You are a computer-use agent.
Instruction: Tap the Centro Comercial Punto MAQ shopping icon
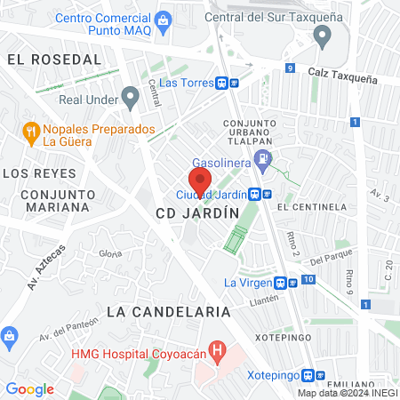point(162,20)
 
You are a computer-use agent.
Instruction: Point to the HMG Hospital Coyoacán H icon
point(214,349)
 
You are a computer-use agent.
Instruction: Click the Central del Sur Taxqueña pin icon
point(322,36)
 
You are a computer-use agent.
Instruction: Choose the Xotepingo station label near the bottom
point(272,375)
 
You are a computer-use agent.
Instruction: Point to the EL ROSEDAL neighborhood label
point(54,59)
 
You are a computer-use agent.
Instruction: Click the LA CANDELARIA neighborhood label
point(168,312)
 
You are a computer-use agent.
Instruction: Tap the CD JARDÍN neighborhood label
point(197,213)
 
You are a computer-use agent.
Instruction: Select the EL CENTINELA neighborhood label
point(311,207)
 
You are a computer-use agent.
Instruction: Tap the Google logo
point(29,388)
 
